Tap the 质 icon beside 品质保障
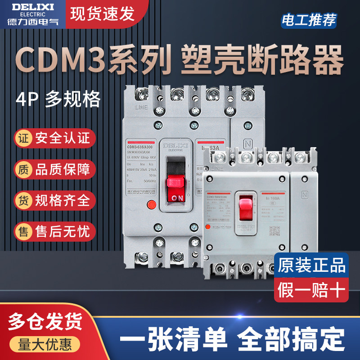(x=23, y=169)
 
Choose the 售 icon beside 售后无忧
(x=23, y=231)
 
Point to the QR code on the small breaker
(x=274, y=230)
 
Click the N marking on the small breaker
(x=305, y=195)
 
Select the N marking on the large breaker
(x=247, y=146)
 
